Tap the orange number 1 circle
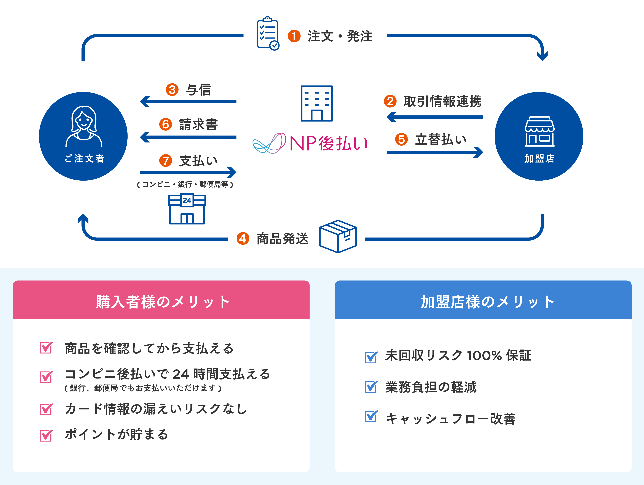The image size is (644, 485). (x=294, y=36)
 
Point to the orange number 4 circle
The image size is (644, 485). (x=243, y=238)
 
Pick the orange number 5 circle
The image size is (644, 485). (x=401, y=139)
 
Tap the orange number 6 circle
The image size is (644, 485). (x=165, y=124)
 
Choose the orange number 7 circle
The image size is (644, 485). (x=165, y=161)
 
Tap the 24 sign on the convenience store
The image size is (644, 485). (x=187, y=200)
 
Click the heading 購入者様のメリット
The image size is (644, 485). (x=162, y=302)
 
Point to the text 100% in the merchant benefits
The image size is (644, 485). (x=484, y=356)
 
